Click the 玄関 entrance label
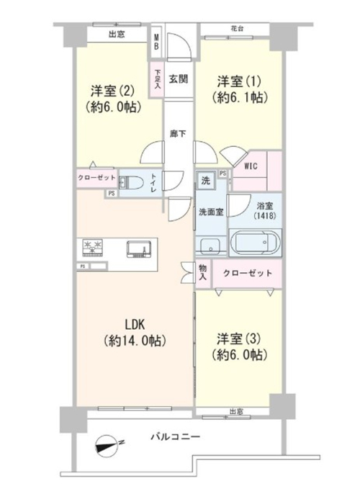tap(179, 78)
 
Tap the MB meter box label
tap(156, 42)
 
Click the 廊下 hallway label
tap(178, 134)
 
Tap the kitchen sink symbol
tap(139, 249)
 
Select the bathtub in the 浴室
tap(256, 243)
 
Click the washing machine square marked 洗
tap(206, 181)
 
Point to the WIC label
tap(251, 166)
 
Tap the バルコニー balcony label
tap(175, 437)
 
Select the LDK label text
tap(135, 324)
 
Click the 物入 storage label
tap(202, 272)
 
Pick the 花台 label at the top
tap(237, 29)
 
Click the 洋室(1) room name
tap(239, 82)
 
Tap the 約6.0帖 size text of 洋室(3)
tap(240, 355)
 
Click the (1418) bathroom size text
tap(265, 216)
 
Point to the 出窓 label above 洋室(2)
tap(117, 34)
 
